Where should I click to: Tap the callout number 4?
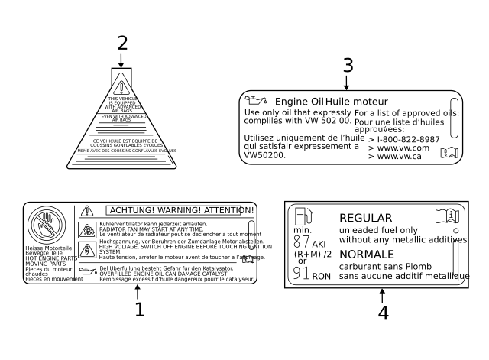coord(382,312)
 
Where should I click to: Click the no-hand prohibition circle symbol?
coord(50,225)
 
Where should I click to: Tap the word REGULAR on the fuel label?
coord(365,218)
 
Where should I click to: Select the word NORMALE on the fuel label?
coord(367,254)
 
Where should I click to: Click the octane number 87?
coord(302,242)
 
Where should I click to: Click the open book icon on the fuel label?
coord(446,216)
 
